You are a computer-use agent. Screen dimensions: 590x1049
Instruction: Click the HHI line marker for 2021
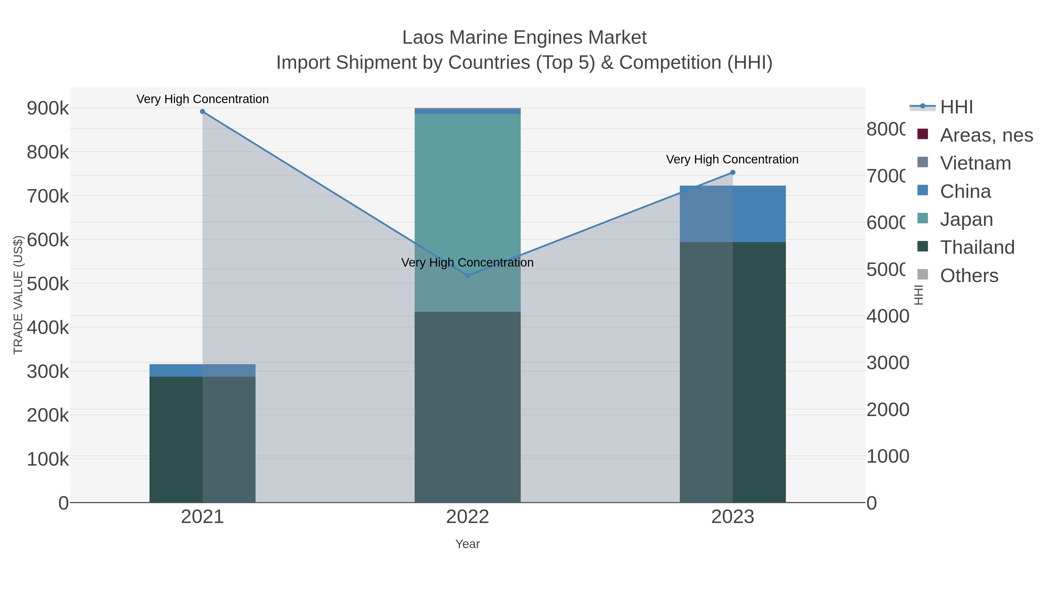pos(203,112)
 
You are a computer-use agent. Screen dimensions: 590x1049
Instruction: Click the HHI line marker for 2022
pos(467,276)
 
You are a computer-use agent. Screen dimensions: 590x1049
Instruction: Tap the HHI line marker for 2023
pos(733,173)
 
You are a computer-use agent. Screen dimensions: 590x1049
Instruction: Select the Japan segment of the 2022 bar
pos(467,212)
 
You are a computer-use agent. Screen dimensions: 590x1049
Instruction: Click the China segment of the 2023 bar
pos(733,214)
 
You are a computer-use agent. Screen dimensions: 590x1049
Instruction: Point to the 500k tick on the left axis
pos(48,284)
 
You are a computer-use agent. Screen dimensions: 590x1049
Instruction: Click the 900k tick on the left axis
pos(48,109)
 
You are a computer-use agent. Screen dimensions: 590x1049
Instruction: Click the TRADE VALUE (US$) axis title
pos(18,295)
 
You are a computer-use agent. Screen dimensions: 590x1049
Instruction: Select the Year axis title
pos(467,544)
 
